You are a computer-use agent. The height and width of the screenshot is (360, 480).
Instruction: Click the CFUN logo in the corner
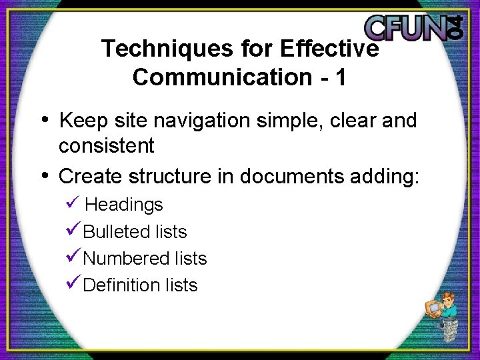coord(413,27)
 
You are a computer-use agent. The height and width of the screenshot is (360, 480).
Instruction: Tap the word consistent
coord(106,145)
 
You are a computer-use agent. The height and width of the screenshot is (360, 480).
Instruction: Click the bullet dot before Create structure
coord(45,176)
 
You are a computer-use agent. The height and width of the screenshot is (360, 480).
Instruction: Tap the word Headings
coord(124,204)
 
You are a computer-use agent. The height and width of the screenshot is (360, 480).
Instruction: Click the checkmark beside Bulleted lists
coord(73,230)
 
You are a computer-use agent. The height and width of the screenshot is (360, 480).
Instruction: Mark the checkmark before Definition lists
coord(73,283)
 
